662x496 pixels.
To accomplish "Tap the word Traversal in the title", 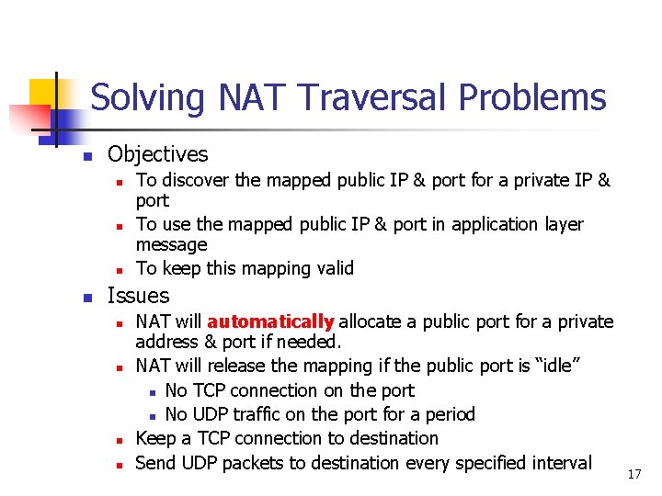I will (x=368, y=97).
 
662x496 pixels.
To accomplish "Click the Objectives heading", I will (x=157, y=154).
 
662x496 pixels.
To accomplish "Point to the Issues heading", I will (x=138, y=296).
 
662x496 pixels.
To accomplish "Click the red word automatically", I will (x=270, y=321).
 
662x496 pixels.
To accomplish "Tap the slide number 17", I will (x=633, y=474).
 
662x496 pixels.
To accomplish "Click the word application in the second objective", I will (x=473, y=224).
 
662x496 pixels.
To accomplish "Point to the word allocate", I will (x=372, y=321).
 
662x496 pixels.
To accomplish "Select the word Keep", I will (x=154, y=438).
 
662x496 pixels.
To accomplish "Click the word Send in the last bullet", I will (x=155, y=463).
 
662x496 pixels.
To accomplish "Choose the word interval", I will (x=560, y=463).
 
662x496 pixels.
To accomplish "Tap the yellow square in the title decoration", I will (x=43, y=93).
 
